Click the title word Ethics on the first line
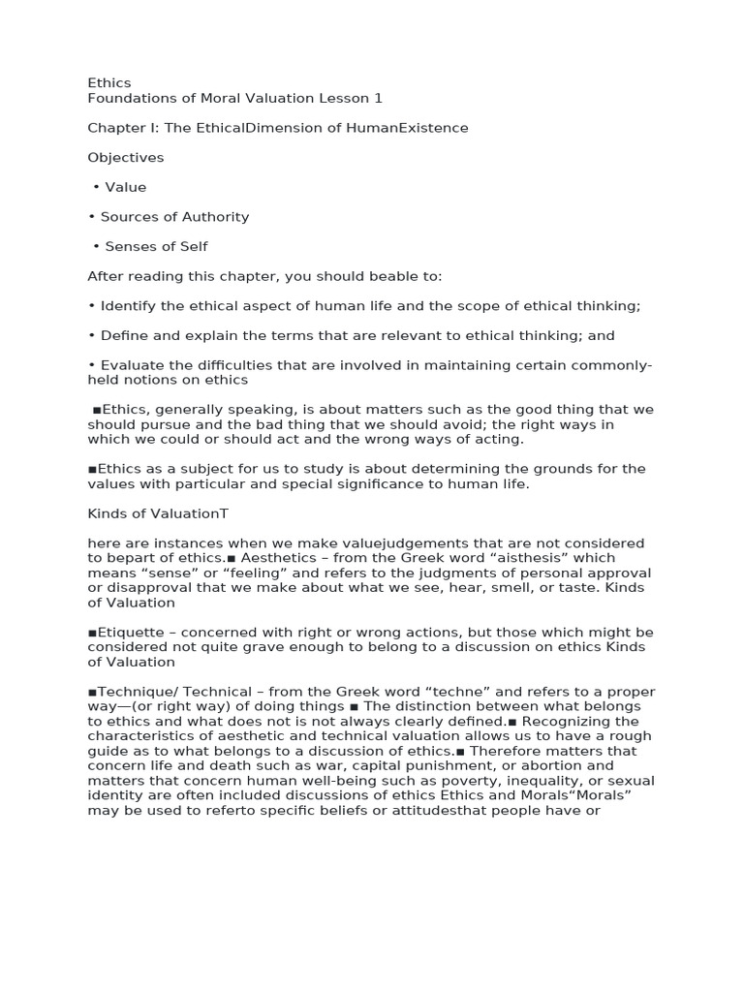[109, 83]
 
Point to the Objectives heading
[126, 158]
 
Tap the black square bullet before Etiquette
[91, 633]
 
